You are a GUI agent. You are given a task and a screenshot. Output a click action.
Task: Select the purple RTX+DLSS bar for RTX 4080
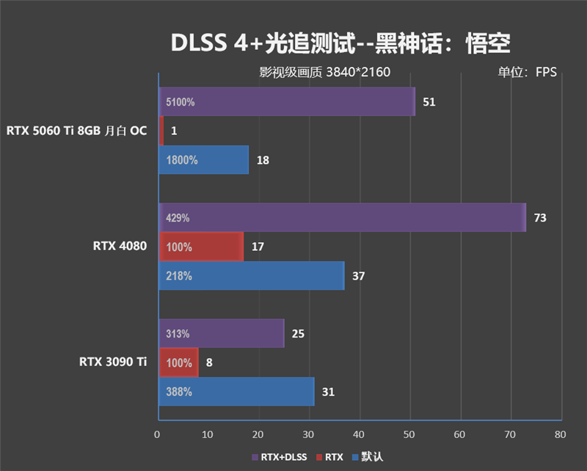tap(342, 218)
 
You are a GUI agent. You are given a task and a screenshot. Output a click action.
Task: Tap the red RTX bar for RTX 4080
tap(200, 247)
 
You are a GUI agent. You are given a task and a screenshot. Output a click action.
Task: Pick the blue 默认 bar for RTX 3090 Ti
tap(236, 392)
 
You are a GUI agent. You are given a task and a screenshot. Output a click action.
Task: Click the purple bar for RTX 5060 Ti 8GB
tap(286, 102)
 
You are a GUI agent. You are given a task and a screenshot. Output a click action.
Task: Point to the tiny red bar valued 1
tap(161, 131)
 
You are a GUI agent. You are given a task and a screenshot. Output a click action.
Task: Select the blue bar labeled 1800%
tap(203, 160)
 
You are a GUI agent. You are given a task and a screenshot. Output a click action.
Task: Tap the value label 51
tap(429, 102)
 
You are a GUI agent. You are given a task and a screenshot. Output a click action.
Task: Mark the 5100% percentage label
tap(181, 103)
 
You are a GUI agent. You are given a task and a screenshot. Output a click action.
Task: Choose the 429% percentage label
tap(178, 218)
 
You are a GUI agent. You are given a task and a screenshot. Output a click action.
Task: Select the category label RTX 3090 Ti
tap(113, 362)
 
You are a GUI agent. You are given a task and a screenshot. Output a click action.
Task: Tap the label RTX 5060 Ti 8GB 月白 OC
tap(76, 131)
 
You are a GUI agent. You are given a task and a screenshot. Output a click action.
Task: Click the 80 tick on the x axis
tap(560, 434)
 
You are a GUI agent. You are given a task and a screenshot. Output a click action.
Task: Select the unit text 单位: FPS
tap(527, 72)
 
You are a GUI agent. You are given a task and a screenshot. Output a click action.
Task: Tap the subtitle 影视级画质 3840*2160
tap(324, 72)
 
